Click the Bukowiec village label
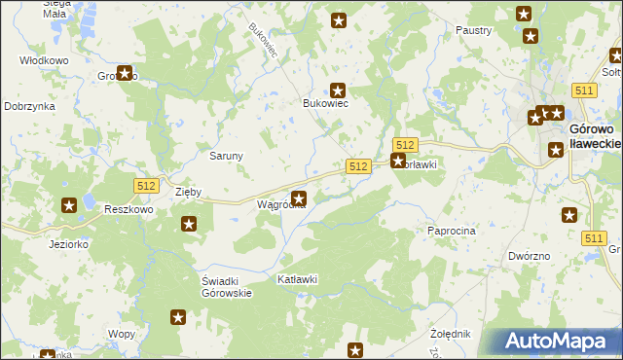(325, 103)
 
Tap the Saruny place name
(226, 156)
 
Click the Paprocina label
(451, 231)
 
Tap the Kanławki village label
(299, 280)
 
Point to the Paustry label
(473, 31)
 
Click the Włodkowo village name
(44, 60)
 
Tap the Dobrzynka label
(28, 106)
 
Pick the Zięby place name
(188, 193)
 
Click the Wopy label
(122, 334)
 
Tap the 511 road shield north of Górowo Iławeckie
(584, 90)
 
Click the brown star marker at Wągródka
(299, 199)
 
